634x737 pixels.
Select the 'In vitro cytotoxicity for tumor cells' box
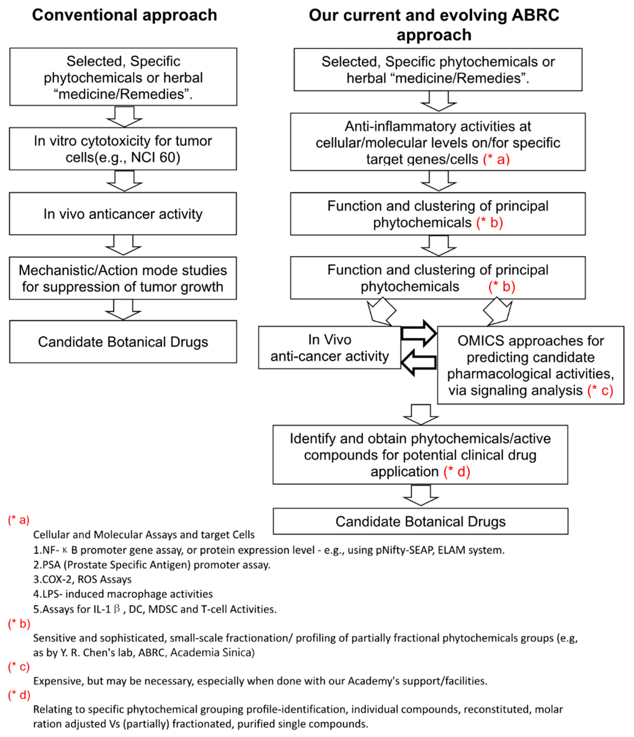point(123,149)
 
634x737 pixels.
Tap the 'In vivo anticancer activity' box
point(123,214)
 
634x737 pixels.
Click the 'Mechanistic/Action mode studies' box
point(123,278)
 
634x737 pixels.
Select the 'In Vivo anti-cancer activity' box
point(329,347)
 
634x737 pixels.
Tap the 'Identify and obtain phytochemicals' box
point(420,455)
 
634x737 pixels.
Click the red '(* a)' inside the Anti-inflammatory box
point(496,159)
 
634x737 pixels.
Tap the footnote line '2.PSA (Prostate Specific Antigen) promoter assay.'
point(152,565)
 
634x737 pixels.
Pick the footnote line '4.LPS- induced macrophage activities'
point(123,594)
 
